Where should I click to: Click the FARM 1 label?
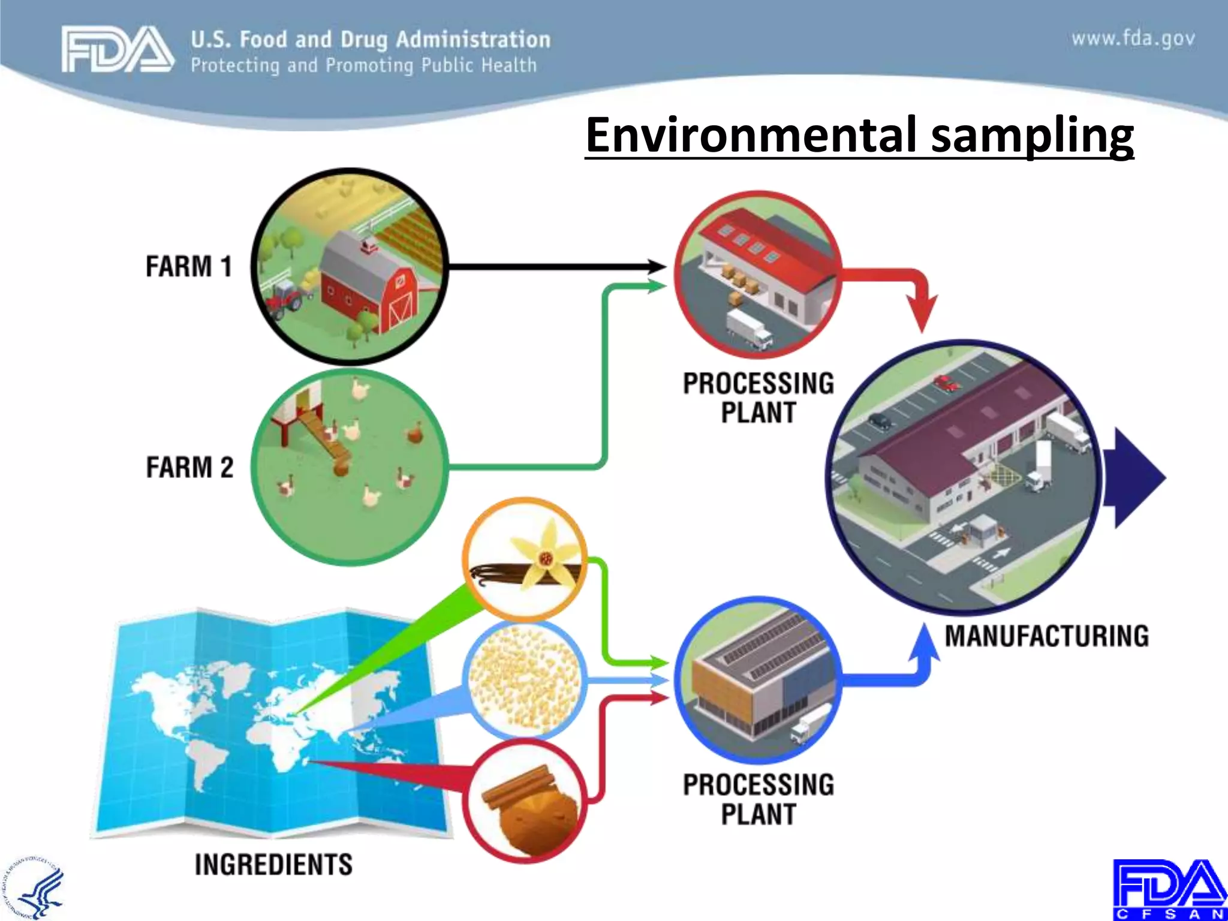(188, 266)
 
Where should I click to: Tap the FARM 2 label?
(189, 467)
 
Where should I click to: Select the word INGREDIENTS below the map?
(273, 865)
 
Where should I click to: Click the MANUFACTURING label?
(1046, 636)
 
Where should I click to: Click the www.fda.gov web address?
(1133, 39)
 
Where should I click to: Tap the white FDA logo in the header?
(117, 49)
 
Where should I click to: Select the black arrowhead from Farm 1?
(656, 267)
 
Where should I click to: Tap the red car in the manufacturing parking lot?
(946, 383)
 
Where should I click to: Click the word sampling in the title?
(1031, 134)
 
